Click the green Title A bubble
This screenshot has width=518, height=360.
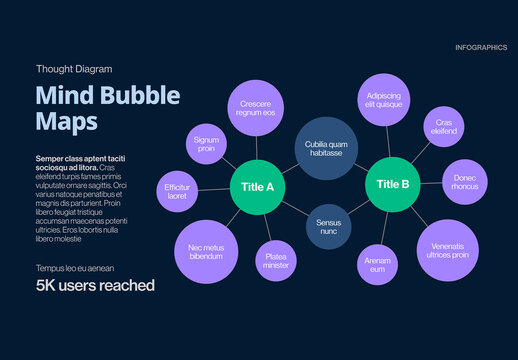257,186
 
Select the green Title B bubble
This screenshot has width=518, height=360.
392,183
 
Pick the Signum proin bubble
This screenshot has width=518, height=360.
206,144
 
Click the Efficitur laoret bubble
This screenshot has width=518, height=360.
177,191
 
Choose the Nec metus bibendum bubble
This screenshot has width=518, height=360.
206,251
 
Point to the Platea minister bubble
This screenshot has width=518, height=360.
275,260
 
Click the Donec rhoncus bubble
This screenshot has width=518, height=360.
464,182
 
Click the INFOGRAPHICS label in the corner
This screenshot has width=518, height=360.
480,47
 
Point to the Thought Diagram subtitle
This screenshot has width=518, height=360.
73,69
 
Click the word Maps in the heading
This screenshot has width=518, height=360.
67,122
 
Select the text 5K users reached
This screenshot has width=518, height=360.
95,286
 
